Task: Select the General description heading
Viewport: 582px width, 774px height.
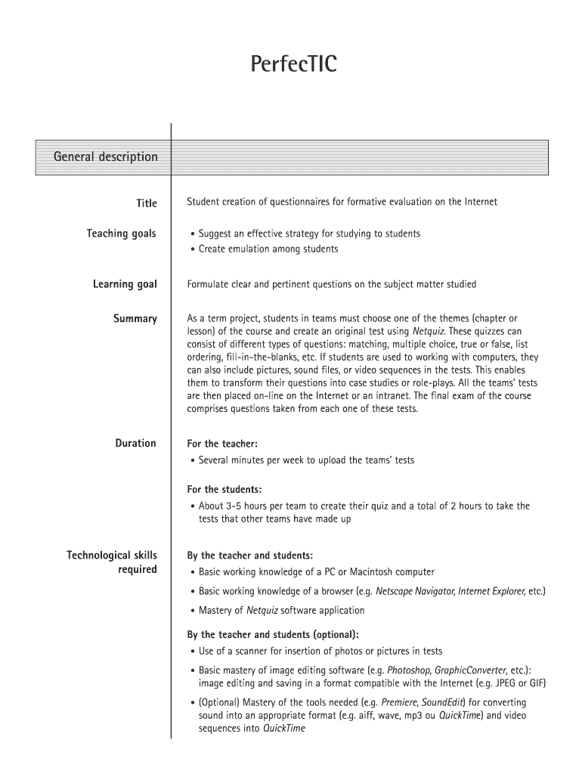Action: [x=105, y=156]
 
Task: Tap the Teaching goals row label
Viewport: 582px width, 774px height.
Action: [x=121, y=234]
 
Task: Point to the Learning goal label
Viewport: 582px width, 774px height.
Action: [x=125, y=284]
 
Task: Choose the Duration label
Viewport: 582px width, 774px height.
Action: [x=135, y=443]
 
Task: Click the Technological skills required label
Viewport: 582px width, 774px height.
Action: [x=112, y=562]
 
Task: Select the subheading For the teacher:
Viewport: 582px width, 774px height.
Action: [x=227, y=444]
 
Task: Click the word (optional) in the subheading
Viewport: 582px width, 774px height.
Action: [x=332, y=634]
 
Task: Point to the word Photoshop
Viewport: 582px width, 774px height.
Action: [x=408, y=670]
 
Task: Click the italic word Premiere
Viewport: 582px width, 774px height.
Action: [x=401, y=702]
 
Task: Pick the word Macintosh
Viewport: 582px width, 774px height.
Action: [x=369, y=572]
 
